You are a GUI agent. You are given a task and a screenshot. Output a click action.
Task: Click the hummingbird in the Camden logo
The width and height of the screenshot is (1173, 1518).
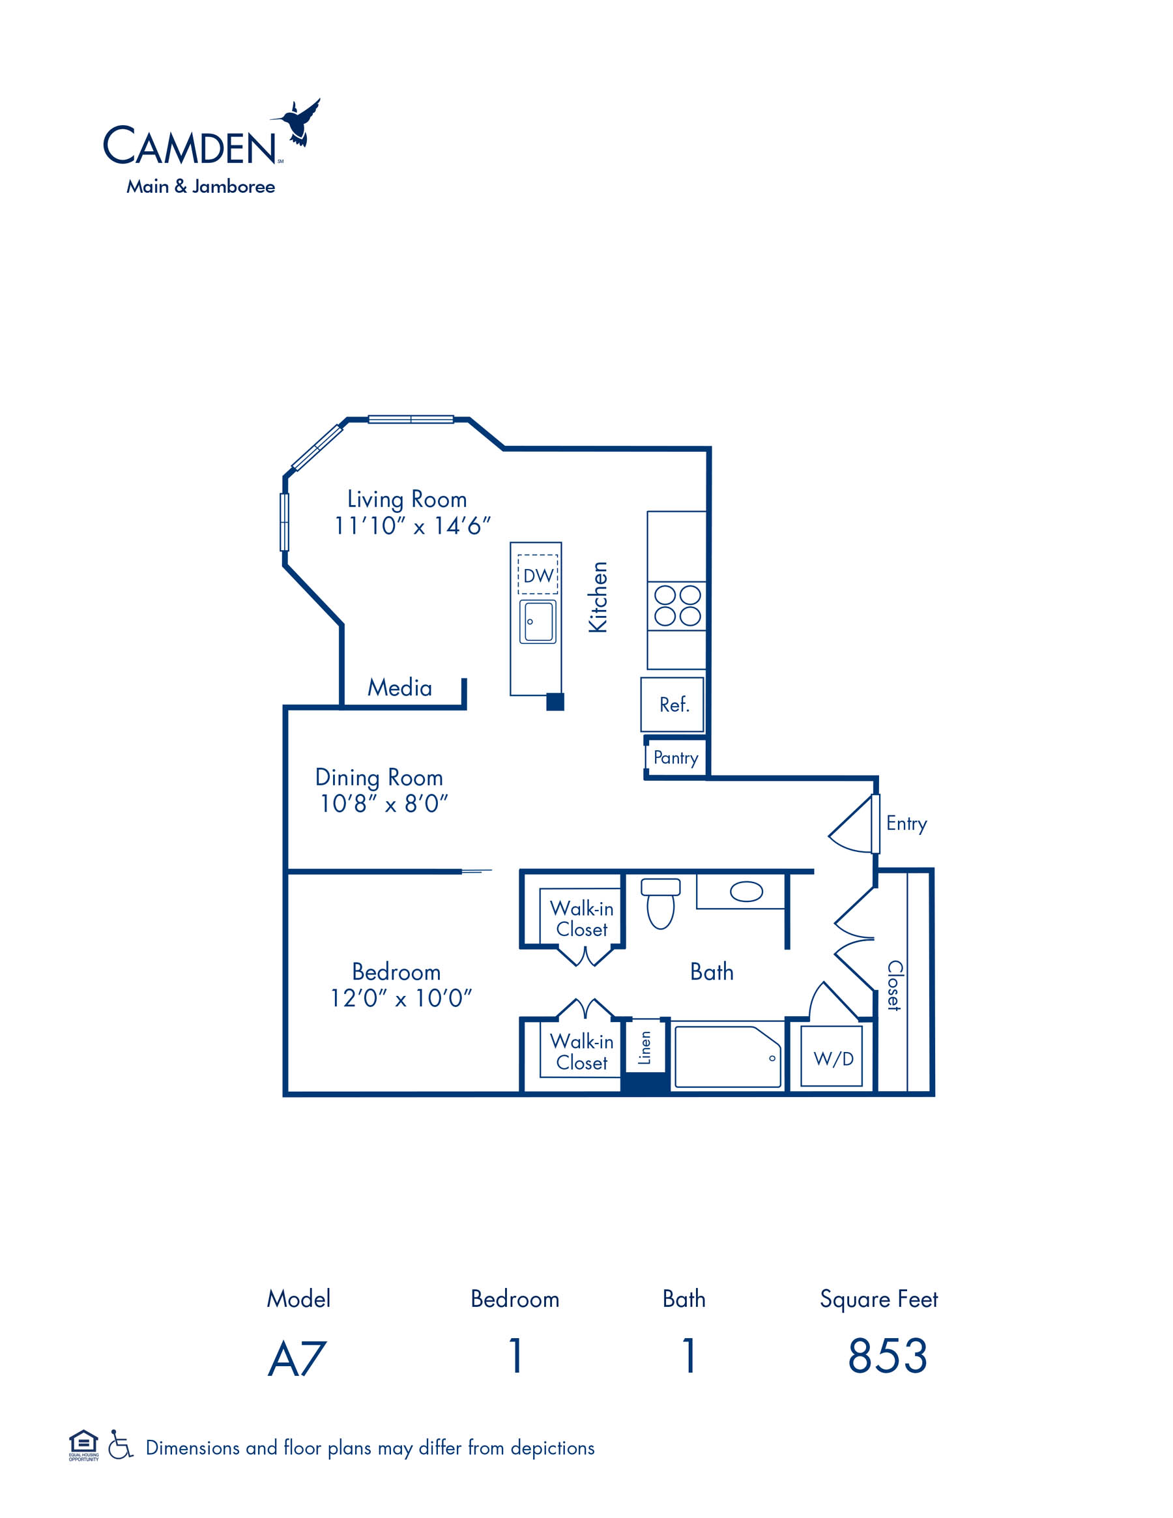pyautogui.click(x=298, y=123)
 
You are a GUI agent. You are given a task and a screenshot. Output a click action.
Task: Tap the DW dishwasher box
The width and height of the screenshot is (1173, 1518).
pyautogui.click(x=538, y=574)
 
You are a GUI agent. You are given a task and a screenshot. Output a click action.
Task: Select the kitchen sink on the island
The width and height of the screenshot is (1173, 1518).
pyautogui.click(x=538, y=622)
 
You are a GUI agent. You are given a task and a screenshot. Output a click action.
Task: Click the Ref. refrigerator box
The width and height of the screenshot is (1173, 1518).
pyautogui.click(x=672, y=704)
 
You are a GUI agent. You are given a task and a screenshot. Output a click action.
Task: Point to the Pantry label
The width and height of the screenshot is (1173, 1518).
pyautogui.click(x=675, y=757)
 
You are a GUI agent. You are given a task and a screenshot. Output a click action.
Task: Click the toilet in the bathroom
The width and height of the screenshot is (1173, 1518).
pyautogui.click(x=660, y=903)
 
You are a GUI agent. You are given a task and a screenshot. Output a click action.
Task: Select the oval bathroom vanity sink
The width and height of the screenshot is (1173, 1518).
pyautogui.click(x=746, y=892)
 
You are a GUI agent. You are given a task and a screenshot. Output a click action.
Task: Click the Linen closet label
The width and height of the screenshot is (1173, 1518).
pyautogui.click(x=645, y=1047)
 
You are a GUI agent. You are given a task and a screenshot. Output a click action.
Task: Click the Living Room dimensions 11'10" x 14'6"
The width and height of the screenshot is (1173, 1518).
pyautogui.click(x=413, y=526)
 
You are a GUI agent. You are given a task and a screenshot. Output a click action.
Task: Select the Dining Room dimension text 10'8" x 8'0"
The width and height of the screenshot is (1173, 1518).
pyautogui.click(x=384, y=804)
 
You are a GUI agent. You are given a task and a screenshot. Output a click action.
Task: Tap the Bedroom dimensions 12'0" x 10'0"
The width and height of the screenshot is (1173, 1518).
pyautogui.click(x=401, y=999)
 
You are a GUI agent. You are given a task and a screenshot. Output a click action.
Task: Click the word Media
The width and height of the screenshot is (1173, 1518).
pyautogui.click(x=399, y=688)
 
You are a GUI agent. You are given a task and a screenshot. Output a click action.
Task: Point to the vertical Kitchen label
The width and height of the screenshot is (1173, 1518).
pyautogui.click(x=598, y=597)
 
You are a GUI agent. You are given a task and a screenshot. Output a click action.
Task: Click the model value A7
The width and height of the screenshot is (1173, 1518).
pyautogui.click(x=297, y=1359)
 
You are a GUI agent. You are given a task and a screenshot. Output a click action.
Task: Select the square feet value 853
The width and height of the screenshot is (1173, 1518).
pyautogui.click(x=888, y=1356)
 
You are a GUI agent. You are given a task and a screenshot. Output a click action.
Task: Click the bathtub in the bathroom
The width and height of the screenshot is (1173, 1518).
pyautogui.click(x=727, y=1057)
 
